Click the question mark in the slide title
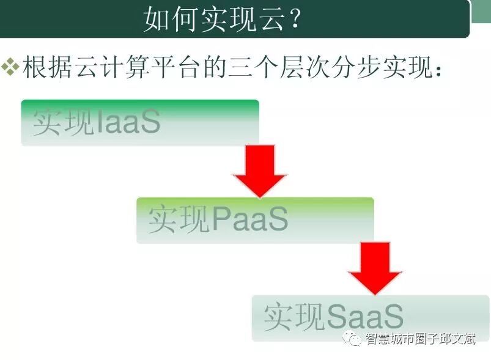tap(294, 20)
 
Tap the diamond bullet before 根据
tap(10, 67)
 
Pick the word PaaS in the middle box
tap(249, 220)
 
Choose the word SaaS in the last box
tap(365, 317)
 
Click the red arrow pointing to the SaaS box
tap(375, 268)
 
